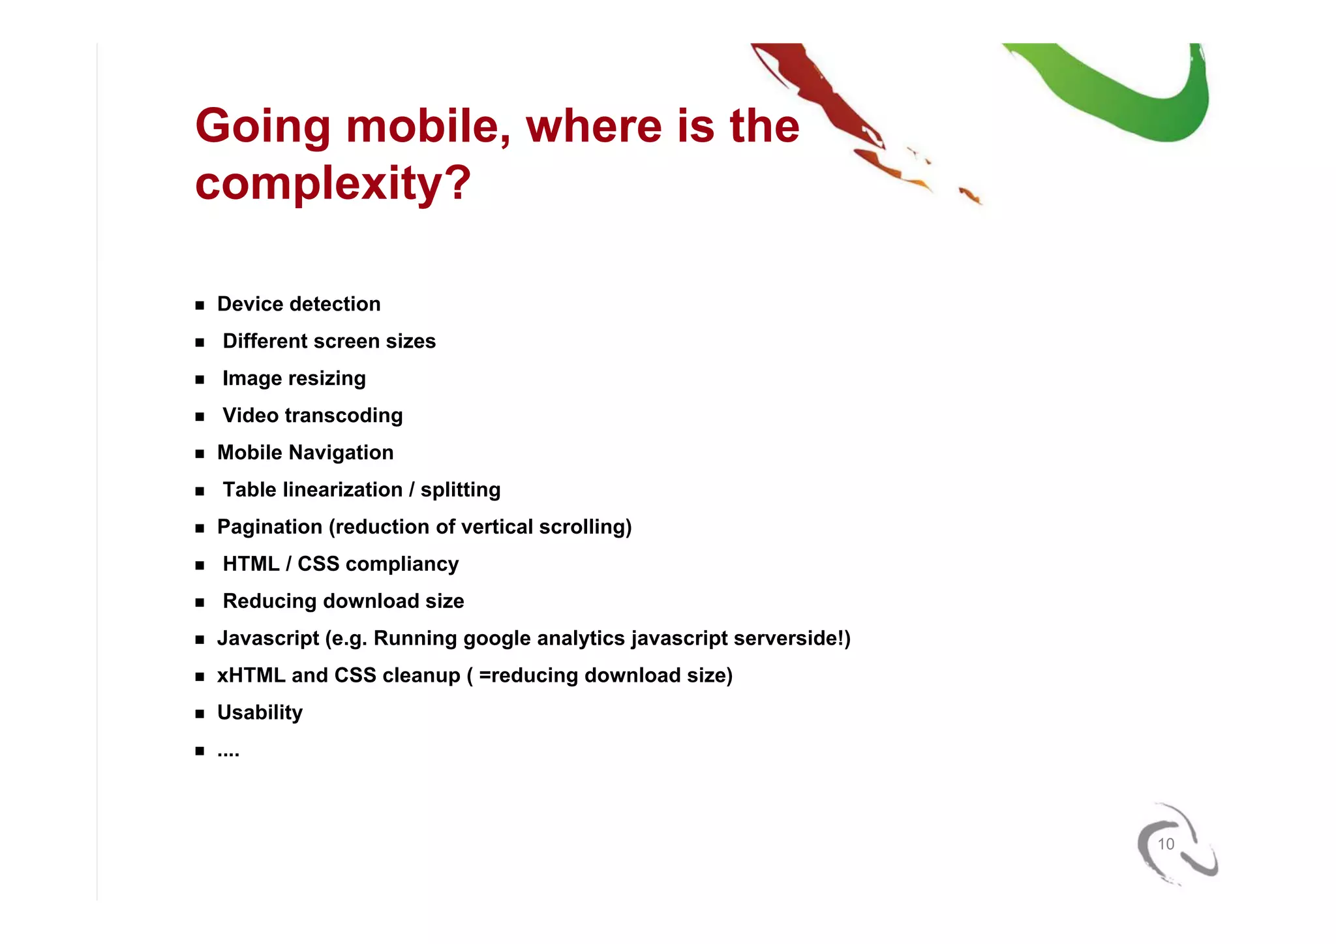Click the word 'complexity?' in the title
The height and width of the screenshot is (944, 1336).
(x=333, y=183)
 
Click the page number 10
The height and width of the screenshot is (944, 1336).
(x=1165, y=844)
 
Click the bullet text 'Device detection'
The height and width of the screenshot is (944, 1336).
(x=299, y=304)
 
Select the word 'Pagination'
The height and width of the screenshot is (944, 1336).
(x=269, y=527)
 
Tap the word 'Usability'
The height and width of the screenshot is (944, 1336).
(x=260, y=712)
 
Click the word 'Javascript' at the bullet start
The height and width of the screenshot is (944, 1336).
(x=268, y=638)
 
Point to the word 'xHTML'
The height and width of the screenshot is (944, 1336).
(x=251, y=675)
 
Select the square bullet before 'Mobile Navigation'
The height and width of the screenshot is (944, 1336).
(x=200, y=453)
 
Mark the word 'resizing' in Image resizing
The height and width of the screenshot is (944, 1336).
(x=327, y=378)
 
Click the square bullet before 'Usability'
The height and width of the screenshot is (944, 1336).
(x=200, y=714)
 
